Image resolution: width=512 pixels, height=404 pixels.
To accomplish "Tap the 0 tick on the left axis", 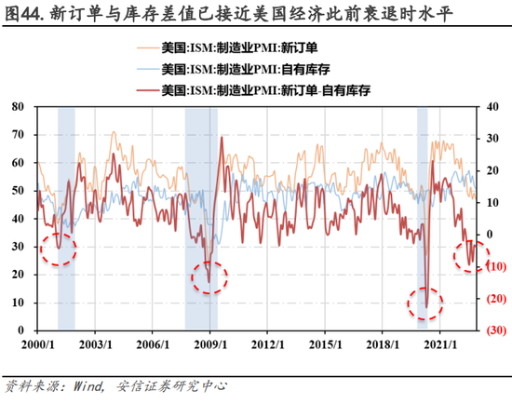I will click(22, 330).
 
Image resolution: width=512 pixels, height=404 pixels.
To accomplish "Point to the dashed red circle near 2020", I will click(426, 302).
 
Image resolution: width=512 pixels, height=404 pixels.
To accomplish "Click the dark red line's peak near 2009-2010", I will click(221, 138).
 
